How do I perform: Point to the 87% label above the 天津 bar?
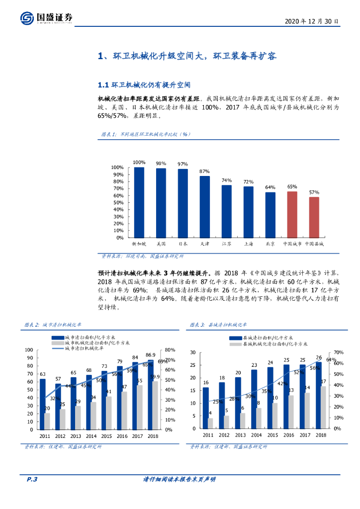click(x=204, y=171)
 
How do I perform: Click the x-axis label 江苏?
click(x=226, y=244)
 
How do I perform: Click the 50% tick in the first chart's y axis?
click(x=117, y=202)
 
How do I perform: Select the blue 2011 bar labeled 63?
click(x=42, y=404)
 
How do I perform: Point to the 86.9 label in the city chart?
click(x=150, y=355)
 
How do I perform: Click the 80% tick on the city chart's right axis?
click(x=170, y=350)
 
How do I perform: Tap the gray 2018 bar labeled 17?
click(x=323, y=407)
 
